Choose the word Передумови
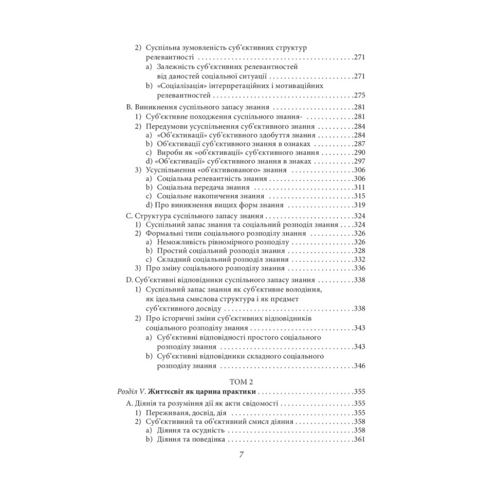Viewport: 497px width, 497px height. pyautogui.click(x=167, y=126)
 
